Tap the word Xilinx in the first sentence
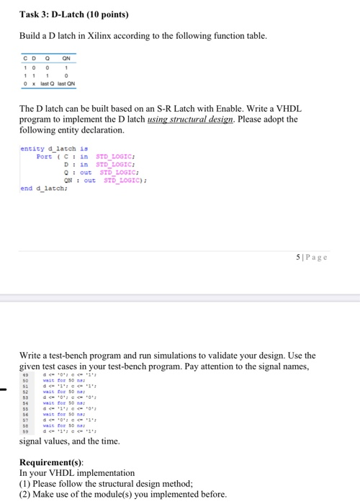point(122,35)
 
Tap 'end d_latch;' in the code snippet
point(42,188)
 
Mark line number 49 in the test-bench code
point(25,374)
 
